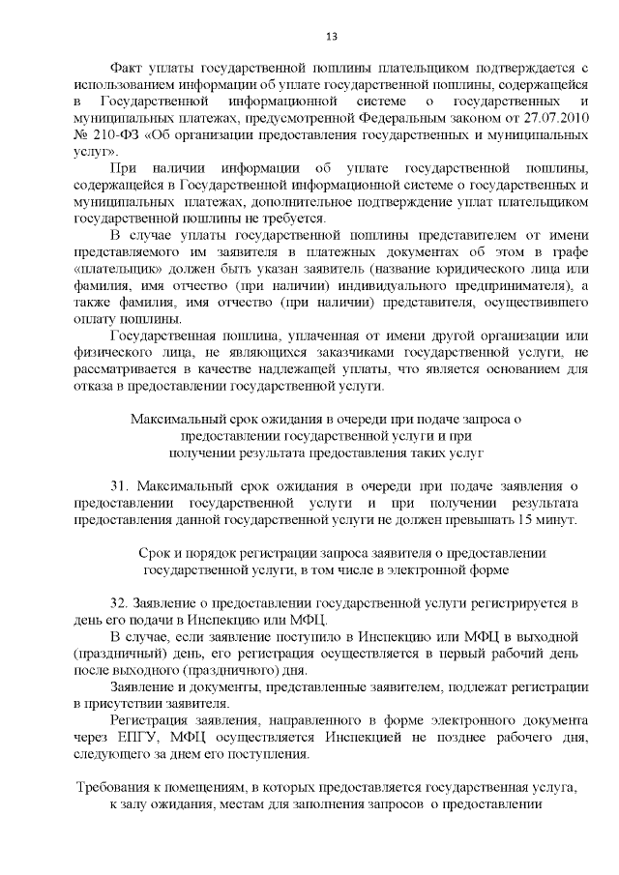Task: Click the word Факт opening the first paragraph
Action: point(129,70)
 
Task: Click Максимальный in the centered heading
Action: point(177,419)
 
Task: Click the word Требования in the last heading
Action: point(118,788)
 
